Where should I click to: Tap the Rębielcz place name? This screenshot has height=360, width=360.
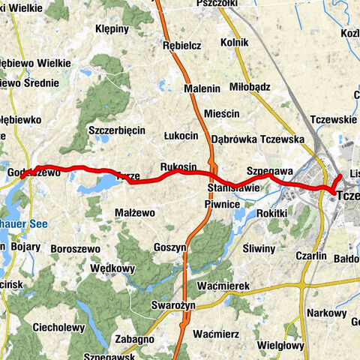[x=181, y=45]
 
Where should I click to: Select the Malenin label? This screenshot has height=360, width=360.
[x=202, y=88]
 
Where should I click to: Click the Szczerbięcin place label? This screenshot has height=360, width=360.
[x=116, y=130]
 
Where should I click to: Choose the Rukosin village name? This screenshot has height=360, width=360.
[x=178, y=166]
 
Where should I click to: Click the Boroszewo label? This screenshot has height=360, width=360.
[x=75, y=247]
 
